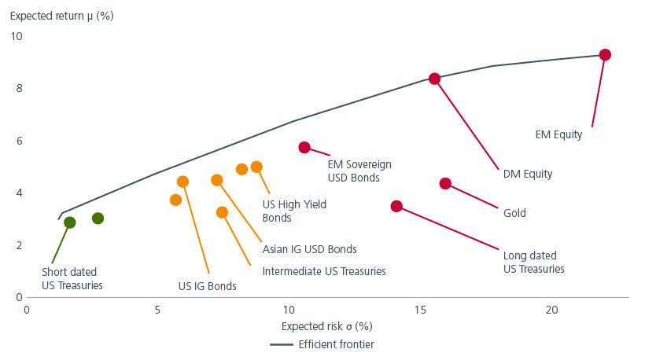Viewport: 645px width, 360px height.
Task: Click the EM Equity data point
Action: [x=605, y=55]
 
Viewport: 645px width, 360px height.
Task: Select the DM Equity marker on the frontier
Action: [x=434, y=79]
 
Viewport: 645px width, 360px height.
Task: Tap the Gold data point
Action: [x=445, y=183]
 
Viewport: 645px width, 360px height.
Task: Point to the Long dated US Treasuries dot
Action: [x=396, y=206]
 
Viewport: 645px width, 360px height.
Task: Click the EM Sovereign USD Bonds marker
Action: [x=304, y=148]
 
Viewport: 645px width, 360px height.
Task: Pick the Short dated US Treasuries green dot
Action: [x=70, y=222]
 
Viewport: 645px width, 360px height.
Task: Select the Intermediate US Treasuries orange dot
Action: [x=222, y=212]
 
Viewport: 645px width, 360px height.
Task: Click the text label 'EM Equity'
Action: [x=559, y=134]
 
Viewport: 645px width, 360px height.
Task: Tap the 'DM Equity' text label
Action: [x=527, y=174]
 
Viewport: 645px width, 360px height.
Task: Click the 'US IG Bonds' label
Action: [x=208, y=286]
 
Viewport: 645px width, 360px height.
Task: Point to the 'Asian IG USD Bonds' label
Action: [x=310, y=249]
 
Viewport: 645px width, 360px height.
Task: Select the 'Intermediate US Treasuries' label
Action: [x=324, y=271]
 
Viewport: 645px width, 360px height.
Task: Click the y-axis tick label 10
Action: [x=17, y=36]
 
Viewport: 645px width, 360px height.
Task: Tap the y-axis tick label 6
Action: [x=20, y=141]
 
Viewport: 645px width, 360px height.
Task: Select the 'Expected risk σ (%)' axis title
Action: [x=326, y=325]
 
